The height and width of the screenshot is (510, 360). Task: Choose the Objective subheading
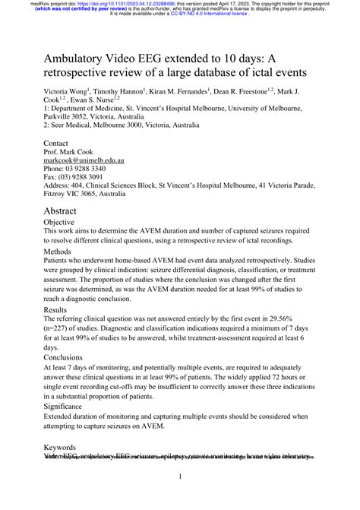[x=65, y=225]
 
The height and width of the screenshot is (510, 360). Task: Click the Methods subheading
[x=62, y=250]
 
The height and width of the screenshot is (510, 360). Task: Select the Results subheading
[x=61, y=310]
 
